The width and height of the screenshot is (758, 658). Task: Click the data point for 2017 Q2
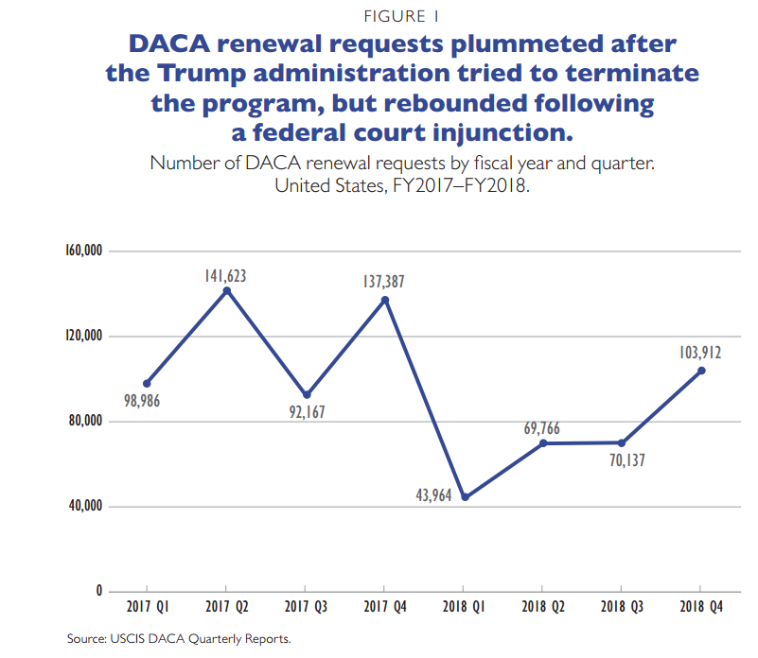pyautogui.click(x=226, y=290)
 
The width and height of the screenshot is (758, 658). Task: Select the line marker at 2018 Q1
pyautogui.click(x=465, y=497)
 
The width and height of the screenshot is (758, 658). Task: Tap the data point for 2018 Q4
pyautogui.click(x=701, y=371)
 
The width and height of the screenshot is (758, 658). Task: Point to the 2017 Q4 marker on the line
pyautogui.click(x=385, y=300)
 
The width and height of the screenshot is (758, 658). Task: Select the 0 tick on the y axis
pyautogui.click(x=99, y=592)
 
